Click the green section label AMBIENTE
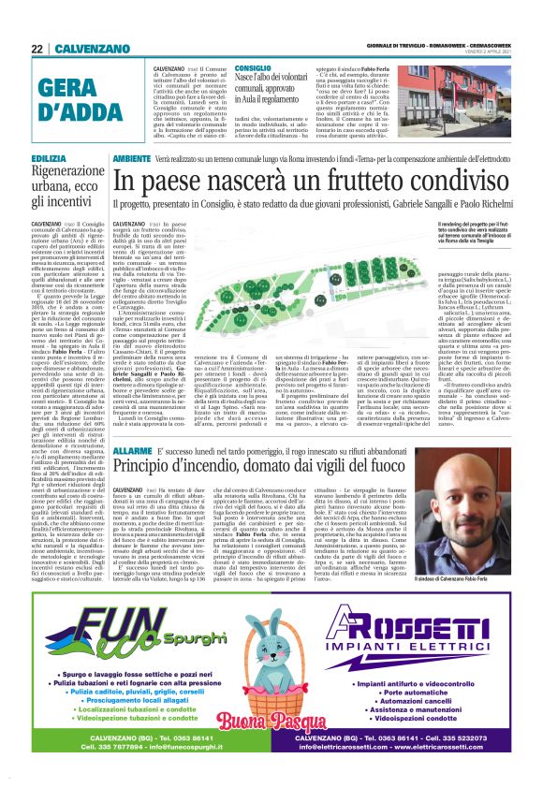point(134,160)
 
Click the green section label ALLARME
point(132,451)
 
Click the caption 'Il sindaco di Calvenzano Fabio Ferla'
point(465,556)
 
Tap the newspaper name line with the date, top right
point(439,47)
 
